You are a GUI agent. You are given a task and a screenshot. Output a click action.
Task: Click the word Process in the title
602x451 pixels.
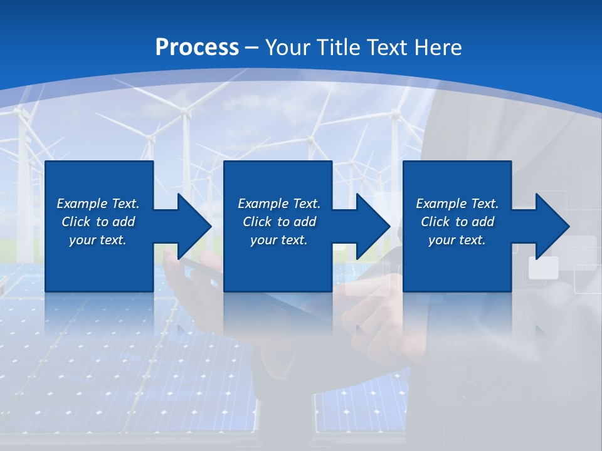click(197, 47)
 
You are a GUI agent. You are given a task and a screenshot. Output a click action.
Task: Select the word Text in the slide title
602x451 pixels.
click(389, 47)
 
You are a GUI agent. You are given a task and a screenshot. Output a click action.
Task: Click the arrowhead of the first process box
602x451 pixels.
click(192, 226)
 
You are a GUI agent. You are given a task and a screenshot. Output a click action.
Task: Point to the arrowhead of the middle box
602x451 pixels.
click(371, 226)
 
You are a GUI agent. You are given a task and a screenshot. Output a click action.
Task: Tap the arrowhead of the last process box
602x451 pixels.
click(551, 226)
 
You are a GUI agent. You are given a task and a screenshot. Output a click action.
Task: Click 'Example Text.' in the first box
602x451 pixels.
click(98, 204)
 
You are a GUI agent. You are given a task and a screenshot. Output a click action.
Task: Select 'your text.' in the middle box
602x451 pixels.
click(278, 240)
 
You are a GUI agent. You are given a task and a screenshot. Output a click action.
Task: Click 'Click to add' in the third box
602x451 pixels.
click(457, 222)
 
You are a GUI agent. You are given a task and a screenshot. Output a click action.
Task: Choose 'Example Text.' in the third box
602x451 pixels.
click(457, 204)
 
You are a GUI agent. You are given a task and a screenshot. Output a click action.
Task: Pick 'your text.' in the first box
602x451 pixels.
click(98, 240)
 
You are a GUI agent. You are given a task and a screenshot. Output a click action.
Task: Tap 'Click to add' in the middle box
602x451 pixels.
click(278, 222)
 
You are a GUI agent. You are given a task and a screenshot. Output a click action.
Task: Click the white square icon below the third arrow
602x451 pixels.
click(543, 267)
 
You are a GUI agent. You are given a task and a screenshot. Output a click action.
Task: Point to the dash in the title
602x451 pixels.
click(252, 48)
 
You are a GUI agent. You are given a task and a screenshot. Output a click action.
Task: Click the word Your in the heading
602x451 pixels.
click(288, 47)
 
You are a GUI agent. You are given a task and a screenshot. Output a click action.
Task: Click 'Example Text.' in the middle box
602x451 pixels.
click(278, 204)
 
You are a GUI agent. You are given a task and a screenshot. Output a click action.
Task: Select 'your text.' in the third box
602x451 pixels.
click(457, 240)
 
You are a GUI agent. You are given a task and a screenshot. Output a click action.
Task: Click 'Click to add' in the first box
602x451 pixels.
click(98, 222)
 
